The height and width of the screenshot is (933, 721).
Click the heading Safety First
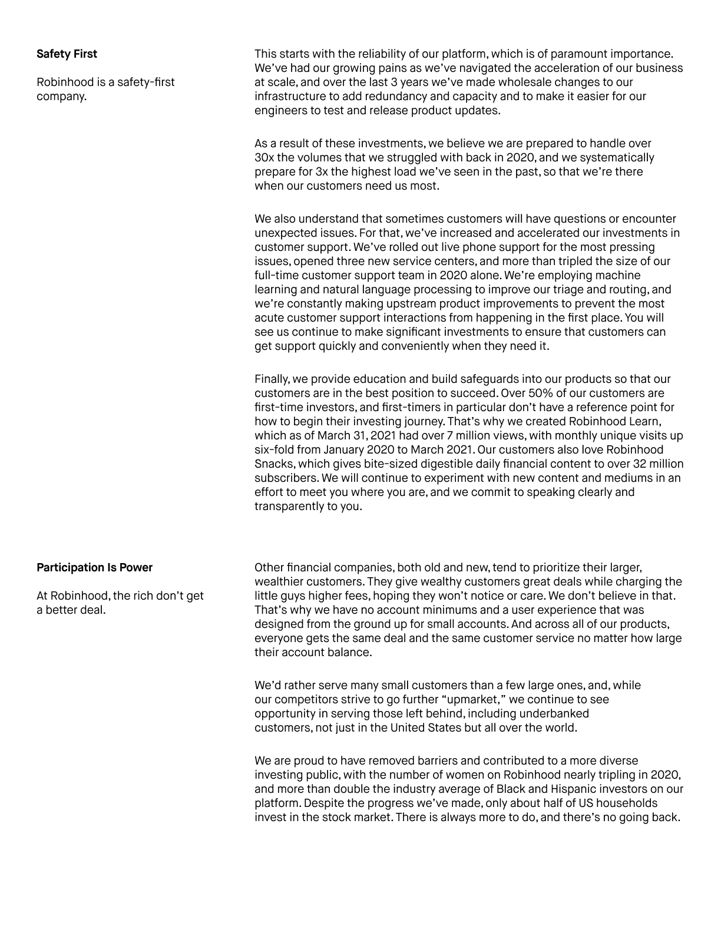pos(67,54)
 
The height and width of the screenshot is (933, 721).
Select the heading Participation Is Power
pos(94,568)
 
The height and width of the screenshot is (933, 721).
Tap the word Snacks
pos(274,464)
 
